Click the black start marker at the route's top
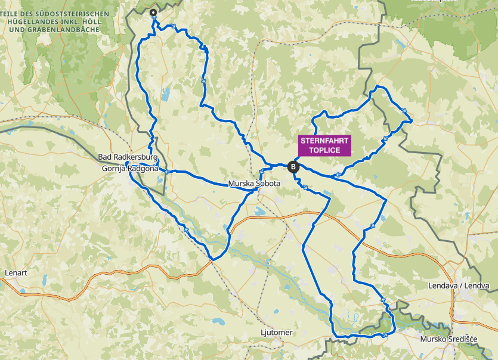click(153, 13)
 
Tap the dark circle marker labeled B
click(293, 167)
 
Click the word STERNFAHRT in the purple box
click(325, 141)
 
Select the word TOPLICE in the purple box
click(325, 150)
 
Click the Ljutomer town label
click(277, 332)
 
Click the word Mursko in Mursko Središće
click(434, 339)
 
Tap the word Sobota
click(268, 184)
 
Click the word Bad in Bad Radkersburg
click(106, 157)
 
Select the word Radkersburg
click(136, 157)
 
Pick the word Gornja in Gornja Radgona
click(115, 169)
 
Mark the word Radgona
click(144, 169)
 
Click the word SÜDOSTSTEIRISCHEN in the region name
click(73, 13)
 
